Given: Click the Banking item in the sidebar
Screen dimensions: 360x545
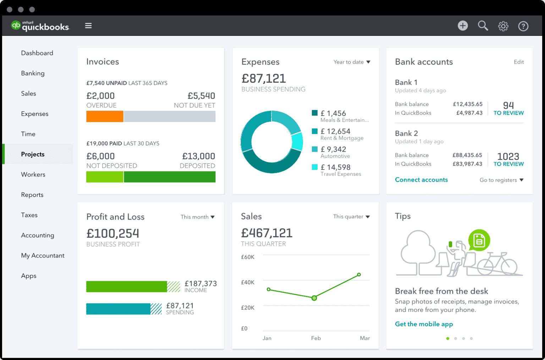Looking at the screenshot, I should click(x=33, y=73).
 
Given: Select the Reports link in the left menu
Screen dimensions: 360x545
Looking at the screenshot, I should click(x=32, y=195).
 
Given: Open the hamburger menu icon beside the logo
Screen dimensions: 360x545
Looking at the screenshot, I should click(x=88, y=26).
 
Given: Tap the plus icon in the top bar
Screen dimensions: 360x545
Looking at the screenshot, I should click(x=463, y=26).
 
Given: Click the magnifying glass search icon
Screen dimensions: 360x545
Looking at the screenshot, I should click(x=483, y=26).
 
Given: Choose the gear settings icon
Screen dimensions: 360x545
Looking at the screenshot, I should click(x=503, y=26).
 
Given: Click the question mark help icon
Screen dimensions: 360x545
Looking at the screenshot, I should click(x=523, y=26).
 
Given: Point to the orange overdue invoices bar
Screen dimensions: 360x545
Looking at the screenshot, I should click(x=105, y=116).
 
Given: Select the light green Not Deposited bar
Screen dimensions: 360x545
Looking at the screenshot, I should click(x=105, y=177).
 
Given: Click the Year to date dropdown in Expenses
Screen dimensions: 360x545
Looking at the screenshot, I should click(x=352, y=62).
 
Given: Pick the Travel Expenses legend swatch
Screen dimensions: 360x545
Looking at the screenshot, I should click(x=315, y=167).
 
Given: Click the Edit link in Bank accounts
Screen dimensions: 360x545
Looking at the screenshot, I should click(x=519, y=62).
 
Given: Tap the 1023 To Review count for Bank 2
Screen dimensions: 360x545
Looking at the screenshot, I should click(x=508, y=159).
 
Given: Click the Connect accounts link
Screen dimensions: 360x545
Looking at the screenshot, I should click(x=421, y=180).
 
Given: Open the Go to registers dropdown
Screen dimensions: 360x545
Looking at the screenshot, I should click(x=501, y=180).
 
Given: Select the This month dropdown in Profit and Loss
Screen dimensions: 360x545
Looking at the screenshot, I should click(x=197, y=217).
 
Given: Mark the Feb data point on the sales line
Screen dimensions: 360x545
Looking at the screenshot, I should click(x=314, y=298).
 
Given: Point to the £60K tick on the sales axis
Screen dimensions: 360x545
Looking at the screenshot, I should click(x=248, y=257).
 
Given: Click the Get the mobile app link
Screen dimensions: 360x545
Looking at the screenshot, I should click(x=424, y=324).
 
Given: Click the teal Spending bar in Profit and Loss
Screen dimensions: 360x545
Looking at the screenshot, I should click(x=118, y=309).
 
